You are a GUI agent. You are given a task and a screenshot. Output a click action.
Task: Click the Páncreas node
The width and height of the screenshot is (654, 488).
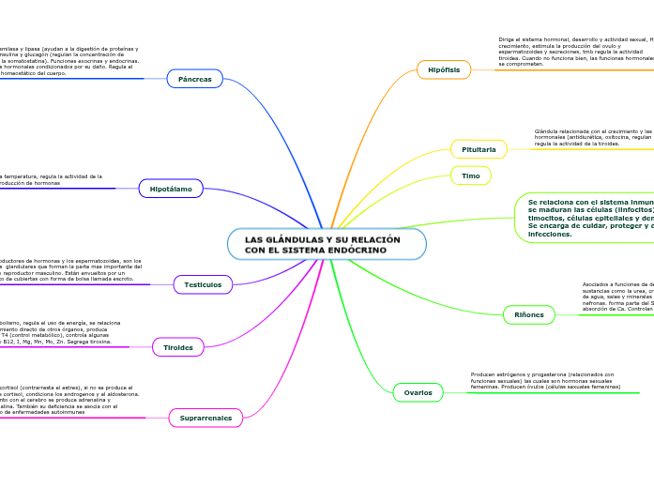pos(195,79)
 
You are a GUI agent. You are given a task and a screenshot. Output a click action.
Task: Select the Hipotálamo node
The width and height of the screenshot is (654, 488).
pos(171,189)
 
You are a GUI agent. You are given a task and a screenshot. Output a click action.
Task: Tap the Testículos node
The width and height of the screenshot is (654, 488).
pos(204,283)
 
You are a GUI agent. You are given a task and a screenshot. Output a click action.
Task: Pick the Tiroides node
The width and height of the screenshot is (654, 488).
pos(178,347)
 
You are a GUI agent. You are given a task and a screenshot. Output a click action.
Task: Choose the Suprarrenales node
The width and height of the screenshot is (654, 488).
pos(205,417)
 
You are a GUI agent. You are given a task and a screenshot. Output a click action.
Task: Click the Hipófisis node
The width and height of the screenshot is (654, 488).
pos(444,69)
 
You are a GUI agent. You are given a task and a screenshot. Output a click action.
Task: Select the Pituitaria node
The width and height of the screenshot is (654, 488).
pos(479,149)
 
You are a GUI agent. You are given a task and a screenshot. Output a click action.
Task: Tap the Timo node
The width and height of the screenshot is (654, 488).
pos(471,175)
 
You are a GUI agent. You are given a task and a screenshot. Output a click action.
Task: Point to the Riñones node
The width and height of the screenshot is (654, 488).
pos(529,315)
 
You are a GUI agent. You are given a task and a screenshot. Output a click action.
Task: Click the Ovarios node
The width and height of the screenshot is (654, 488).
pos(418,392)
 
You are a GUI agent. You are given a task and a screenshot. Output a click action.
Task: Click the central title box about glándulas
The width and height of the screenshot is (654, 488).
pos(326,245)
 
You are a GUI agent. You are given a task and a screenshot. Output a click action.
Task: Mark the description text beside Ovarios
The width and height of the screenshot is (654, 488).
pos(545,380)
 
